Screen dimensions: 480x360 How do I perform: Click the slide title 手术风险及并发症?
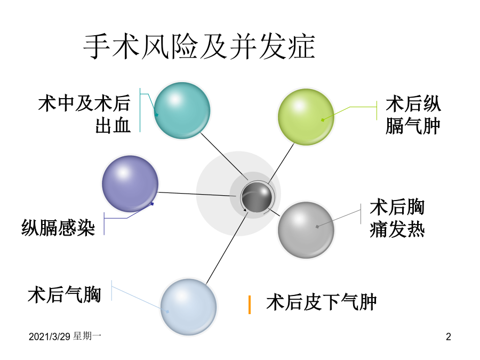[199, 47]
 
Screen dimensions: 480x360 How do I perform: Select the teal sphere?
[182, 110]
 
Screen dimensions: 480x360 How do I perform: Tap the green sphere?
[306, 117]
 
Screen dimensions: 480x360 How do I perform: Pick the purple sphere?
[130, 183]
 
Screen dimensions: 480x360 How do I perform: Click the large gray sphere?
[306, 230]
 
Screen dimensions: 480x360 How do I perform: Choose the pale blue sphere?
[189, 307]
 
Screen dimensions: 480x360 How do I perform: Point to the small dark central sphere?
[257, 197]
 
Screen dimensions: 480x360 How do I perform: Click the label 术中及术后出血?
[84, 114]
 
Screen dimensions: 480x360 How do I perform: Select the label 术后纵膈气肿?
[413, 115]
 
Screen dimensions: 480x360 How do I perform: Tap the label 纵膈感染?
[58, 228]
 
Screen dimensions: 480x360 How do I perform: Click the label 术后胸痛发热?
[397, 218]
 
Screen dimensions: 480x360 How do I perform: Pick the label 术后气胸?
[65, 295]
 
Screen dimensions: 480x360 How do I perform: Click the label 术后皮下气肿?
[322, 302]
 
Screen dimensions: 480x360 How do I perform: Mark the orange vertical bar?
[250, 305]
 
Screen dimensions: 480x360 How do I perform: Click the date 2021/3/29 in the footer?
[50, 337]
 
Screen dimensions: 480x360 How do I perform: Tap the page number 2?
[449, 337]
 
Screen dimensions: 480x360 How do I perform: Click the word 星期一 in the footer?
[87, 336]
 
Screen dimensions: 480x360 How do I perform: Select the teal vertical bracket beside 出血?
[140, 110]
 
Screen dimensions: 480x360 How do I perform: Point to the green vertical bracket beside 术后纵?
[377, 110]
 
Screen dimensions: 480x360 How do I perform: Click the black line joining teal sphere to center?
[224, 156]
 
